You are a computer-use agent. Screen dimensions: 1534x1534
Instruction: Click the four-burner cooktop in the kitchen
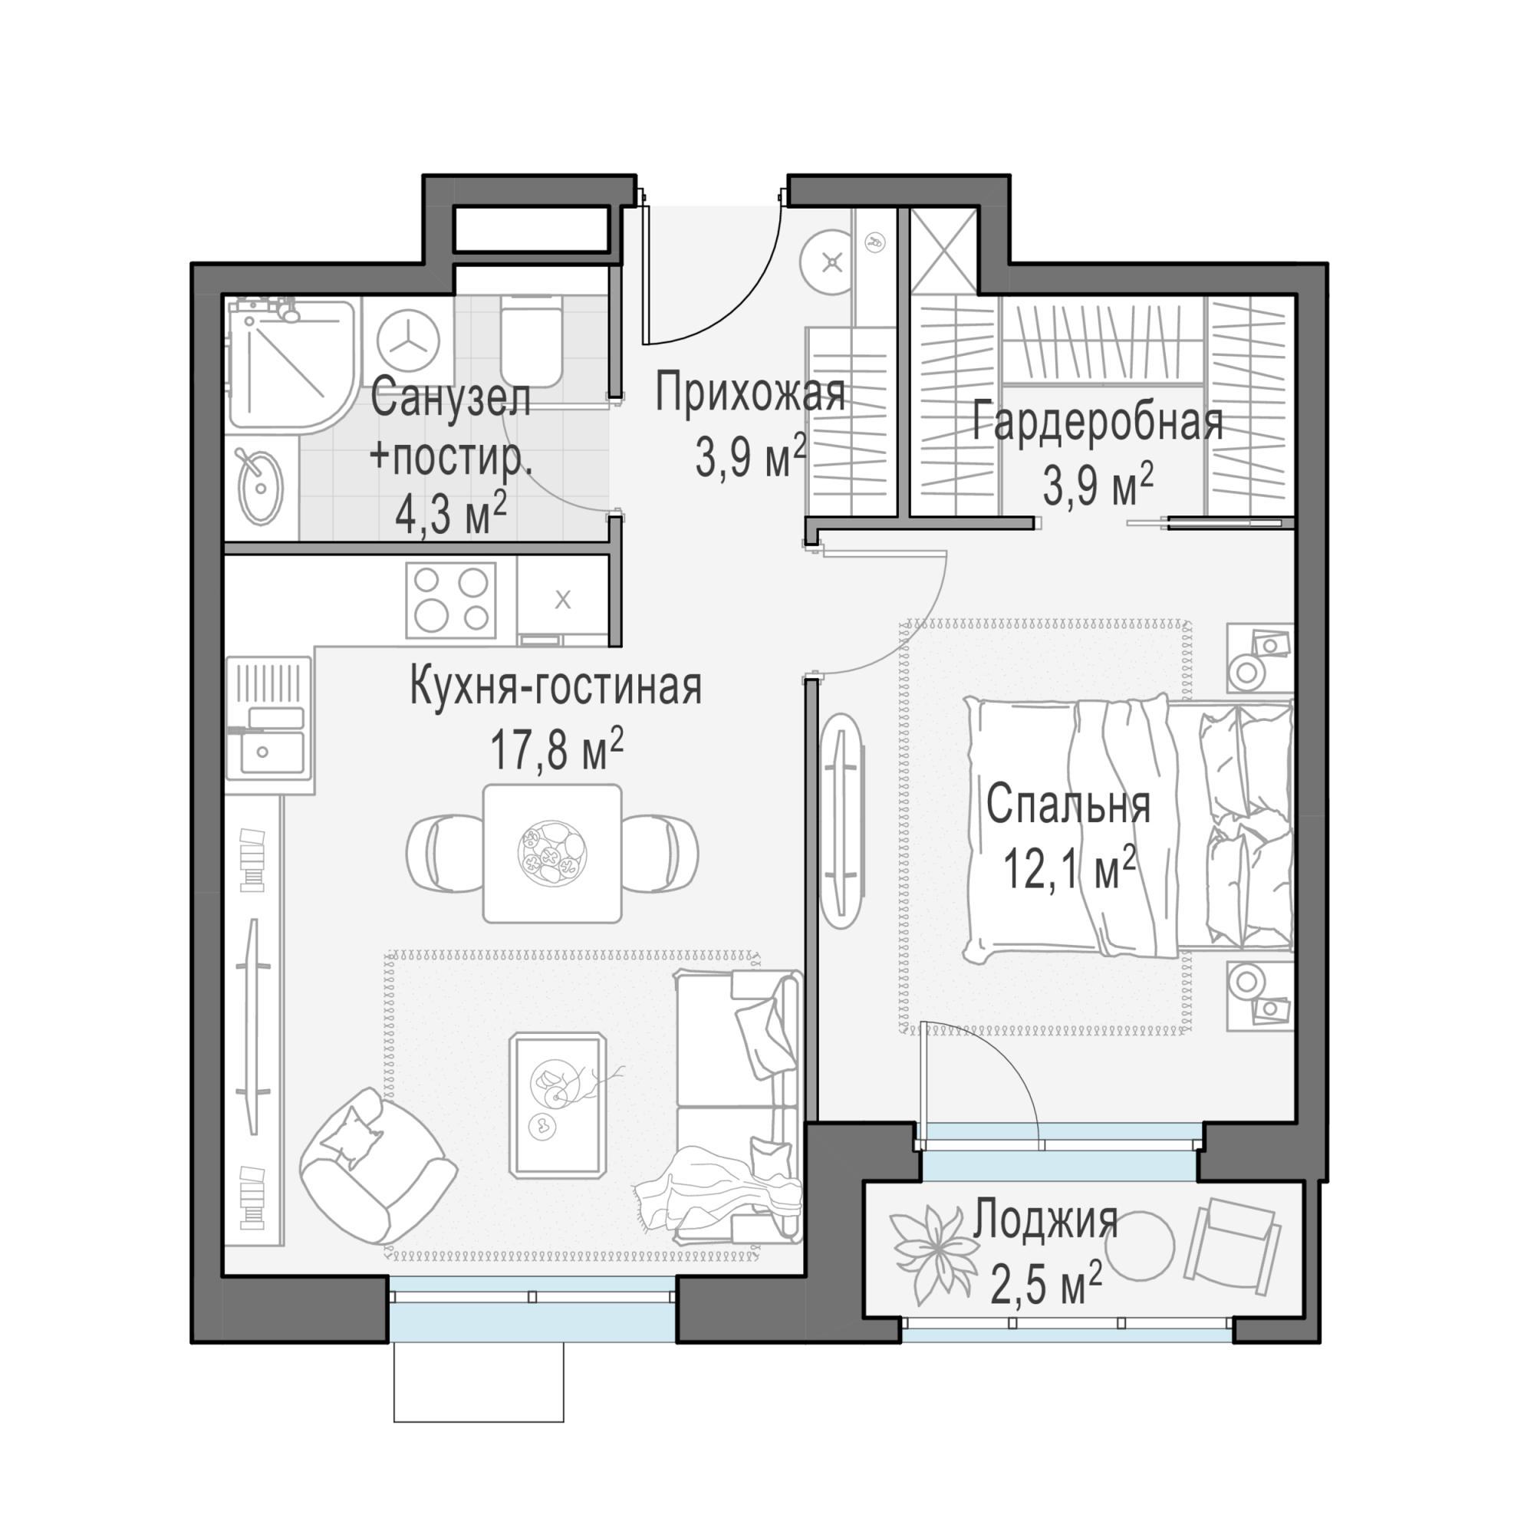(x=451, y=601)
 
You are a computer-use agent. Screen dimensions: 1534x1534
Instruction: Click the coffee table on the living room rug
(x=558, y=1104)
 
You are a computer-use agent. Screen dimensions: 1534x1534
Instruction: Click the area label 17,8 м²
(x=557, y=750)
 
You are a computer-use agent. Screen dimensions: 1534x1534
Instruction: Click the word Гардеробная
(x=1098, y=423)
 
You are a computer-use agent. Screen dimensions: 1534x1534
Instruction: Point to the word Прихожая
(x=749, y=393)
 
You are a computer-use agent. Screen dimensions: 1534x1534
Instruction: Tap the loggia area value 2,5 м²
(x=1045, y=1285)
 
